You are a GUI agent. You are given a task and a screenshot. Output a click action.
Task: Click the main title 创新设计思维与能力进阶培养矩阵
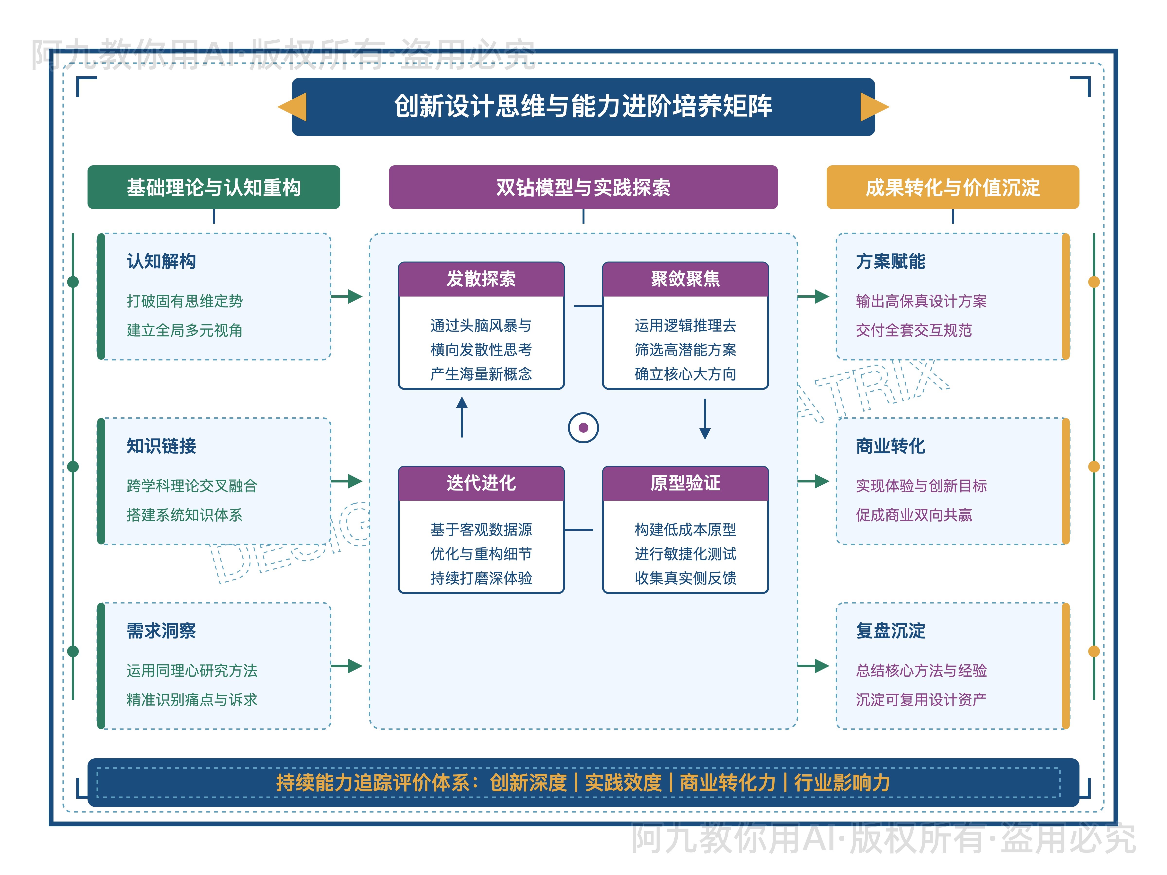[x=583, y=106]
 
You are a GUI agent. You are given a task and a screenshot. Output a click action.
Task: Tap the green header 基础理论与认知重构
[x=214, y=187]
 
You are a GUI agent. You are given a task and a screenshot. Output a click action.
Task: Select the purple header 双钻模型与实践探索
[x=583, y=187]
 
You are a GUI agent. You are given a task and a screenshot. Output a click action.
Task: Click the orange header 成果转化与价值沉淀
[x=952, y=187]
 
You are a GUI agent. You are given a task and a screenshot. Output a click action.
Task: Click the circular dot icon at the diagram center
[x=583, y=427]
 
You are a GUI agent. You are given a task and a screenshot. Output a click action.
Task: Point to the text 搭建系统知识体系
[x=185, y=515]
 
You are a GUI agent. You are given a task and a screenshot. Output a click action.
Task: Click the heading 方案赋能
[x=891, y=261]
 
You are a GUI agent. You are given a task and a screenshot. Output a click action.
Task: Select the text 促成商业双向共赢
[x=914, y=515]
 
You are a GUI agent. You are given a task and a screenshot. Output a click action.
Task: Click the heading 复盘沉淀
[x=891, y=631]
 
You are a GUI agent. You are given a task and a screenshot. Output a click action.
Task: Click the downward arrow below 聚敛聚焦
[x=705, y=419]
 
